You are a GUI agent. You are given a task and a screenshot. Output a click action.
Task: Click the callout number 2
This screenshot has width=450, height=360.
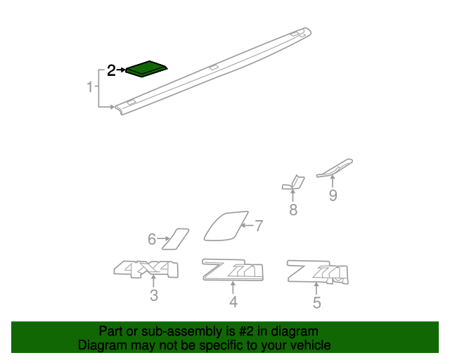(x=111, y=70)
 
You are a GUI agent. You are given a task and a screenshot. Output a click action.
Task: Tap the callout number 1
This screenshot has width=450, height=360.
(x=90, y=88)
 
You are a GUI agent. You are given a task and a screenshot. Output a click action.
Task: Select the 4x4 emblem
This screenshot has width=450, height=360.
(x=146, y=269)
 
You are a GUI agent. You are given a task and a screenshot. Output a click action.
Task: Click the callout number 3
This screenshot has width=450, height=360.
(x=154, y=296)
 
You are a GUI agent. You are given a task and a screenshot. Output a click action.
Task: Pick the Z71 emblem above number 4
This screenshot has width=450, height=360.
(x=233, y=269)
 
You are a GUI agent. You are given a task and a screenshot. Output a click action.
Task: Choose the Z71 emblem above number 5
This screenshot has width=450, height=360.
(x=317, y=271)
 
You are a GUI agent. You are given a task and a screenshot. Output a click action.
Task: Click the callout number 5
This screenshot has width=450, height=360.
(x=317, y=303)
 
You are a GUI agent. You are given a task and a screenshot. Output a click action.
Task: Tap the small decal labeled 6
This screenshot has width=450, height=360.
(x=176, y=238)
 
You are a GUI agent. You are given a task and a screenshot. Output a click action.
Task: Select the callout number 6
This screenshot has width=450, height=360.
(x=151, y=240)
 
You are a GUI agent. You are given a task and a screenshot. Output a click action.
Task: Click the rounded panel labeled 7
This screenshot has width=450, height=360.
(x=226, y=225)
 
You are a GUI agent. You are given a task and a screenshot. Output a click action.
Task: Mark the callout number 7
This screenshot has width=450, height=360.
(x=259, y=226)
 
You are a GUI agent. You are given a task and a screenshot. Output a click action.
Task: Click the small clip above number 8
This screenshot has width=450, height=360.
(x=292, y=183)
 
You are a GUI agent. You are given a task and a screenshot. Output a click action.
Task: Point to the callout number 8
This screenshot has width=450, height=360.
(x=292, y=210)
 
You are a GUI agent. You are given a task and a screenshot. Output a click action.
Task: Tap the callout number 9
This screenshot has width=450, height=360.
(x=333, y=195)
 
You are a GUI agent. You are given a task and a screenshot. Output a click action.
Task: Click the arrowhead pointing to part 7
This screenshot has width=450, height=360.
(x=243, y=226)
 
